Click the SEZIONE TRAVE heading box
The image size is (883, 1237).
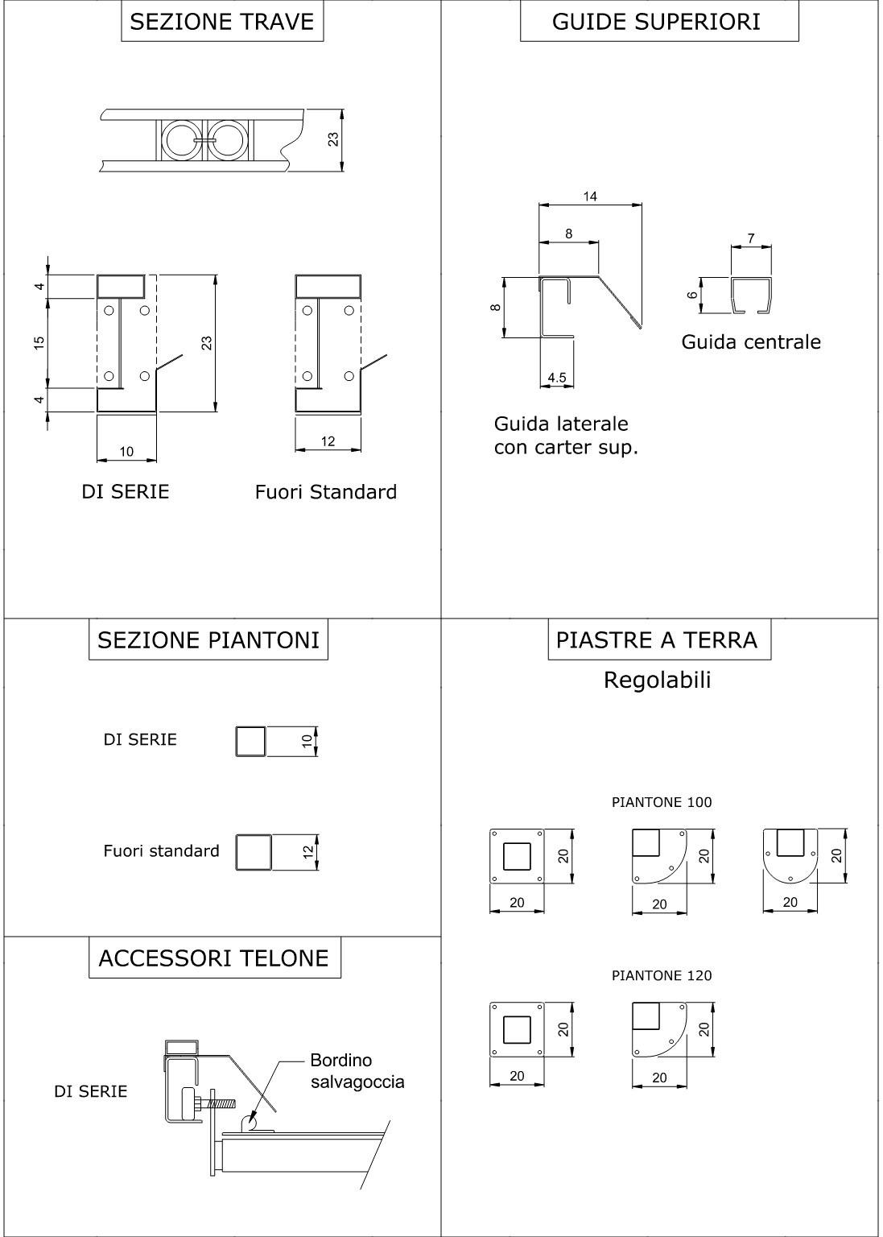click(222, 22)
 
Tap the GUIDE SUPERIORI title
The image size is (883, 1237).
click(656, 22)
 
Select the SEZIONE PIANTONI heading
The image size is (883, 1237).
click(208, 640)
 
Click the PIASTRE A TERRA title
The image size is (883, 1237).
click(657, 640)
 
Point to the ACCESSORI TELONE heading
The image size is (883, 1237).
click(214, 958)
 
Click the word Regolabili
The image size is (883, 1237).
click(657, 681)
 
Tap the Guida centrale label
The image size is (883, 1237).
click(751, 341)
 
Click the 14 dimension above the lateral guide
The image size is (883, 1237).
click(590, 197)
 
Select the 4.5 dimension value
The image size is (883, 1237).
click(556, 378)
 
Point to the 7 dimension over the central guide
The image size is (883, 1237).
click(751, 239)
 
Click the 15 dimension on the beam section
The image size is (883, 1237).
click(39, 342)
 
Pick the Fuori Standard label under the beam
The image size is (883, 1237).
click(325, 492)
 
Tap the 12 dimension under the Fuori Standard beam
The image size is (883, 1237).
click(328, 441)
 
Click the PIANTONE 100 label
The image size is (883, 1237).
click(662, 802)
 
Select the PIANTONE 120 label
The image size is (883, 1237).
click(662, 975)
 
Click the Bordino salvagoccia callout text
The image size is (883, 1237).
click(357, 1071)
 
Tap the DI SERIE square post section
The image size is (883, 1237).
click(250, 741)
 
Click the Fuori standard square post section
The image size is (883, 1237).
click(254, 852)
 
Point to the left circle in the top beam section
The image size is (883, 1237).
click(178, 140)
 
